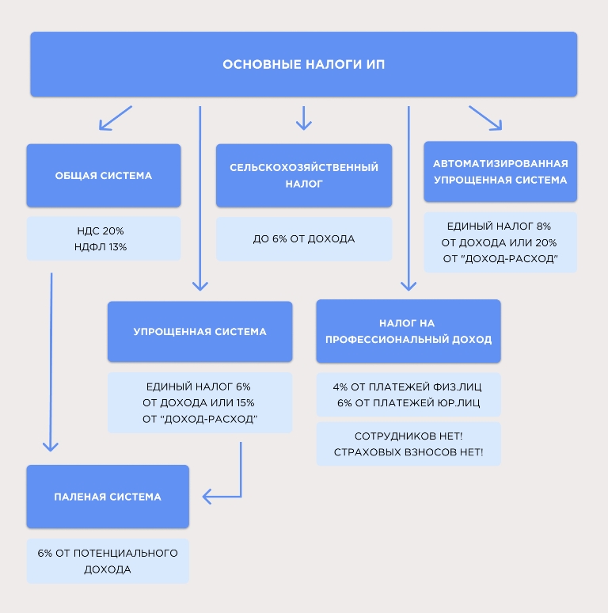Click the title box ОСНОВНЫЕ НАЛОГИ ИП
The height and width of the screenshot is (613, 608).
(x=304, y=64)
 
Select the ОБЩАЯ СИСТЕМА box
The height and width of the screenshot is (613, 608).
(x=104, y=175)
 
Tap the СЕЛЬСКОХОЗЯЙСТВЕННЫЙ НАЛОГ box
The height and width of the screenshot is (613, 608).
(x=304, y=175)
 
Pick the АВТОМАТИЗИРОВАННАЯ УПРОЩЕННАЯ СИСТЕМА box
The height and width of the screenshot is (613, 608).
(x=500, y=172)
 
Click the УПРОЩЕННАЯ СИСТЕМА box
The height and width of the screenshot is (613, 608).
(x=199, y=332)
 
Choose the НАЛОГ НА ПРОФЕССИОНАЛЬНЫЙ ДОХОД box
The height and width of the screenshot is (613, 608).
(x=408, y=331)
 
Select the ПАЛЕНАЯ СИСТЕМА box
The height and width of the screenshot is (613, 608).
(x=108, y=497)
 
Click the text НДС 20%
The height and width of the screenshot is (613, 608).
(x=101, y=230)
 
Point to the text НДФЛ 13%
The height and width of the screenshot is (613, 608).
(x=101, y=246)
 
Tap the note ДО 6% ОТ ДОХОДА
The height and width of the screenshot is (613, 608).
(x=304, y=239)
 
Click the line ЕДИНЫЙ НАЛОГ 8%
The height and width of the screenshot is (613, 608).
(x=499, y=226)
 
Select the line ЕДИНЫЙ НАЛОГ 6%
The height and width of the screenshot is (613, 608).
(x=199, y=386)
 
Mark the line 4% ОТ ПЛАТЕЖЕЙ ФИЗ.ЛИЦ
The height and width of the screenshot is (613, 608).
(x=407, y=386)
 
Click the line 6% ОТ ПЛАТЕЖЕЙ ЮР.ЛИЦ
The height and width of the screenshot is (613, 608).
(x=408, y=402)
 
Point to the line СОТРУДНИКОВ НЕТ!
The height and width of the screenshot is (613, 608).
(x=408, y=436)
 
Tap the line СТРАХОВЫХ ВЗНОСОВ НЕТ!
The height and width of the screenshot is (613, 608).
(x=408, y=452)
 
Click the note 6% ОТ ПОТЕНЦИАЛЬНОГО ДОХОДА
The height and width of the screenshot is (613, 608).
(x=108, y=561)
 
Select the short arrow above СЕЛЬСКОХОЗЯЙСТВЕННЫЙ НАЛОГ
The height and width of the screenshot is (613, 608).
(x=304, y=118)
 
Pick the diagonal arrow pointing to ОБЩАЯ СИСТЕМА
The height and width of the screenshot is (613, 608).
(x=116, y=118)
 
